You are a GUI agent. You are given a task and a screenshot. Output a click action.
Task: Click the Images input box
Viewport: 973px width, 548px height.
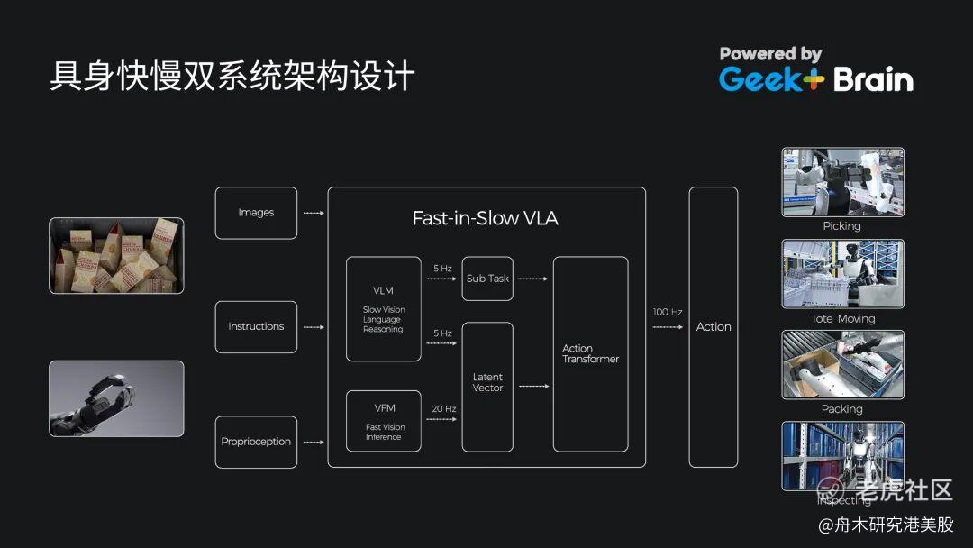(256, 213)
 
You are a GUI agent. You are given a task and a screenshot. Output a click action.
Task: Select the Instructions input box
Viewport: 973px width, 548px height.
(256, 326)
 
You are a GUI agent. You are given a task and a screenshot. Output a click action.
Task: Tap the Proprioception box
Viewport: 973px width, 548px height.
(256, 442)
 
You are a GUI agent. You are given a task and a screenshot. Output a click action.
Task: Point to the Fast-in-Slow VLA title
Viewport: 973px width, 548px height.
(485, 218)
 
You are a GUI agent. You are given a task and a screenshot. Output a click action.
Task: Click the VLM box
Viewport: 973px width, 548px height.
(384, 308)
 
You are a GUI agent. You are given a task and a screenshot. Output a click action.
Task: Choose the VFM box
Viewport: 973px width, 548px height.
(384, 421)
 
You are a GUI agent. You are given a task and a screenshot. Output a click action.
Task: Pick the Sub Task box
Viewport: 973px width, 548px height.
(487, 279)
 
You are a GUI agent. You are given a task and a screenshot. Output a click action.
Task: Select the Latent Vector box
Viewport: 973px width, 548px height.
(487, 387)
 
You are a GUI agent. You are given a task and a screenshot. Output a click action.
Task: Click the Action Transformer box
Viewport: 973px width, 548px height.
(590, 353)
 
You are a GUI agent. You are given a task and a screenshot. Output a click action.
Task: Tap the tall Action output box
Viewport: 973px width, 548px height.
(714, 326)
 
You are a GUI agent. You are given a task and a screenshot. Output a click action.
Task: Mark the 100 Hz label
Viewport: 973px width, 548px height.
(668, 312)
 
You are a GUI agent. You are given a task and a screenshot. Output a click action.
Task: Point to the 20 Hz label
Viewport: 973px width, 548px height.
(443, 408)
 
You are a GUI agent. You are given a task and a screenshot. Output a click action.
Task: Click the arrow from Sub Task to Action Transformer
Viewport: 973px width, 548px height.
(533, 279)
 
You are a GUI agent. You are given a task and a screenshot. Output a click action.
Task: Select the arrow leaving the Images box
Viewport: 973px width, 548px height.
(313, 213)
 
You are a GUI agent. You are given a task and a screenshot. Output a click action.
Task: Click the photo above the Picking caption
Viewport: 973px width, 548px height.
(842, 182)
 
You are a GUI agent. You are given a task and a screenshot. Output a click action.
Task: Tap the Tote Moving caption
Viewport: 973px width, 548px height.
(842, 318)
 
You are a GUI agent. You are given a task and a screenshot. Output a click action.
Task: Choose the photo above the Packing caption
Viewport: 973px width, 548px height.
(842, 364)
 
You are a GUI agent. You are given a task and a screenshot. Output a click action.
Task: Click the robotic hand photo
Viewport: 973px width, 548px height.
(116, 398)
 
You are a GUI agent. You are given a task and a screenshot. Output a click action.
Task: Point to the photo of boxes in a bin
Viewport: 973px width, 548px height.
(116, 255)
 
